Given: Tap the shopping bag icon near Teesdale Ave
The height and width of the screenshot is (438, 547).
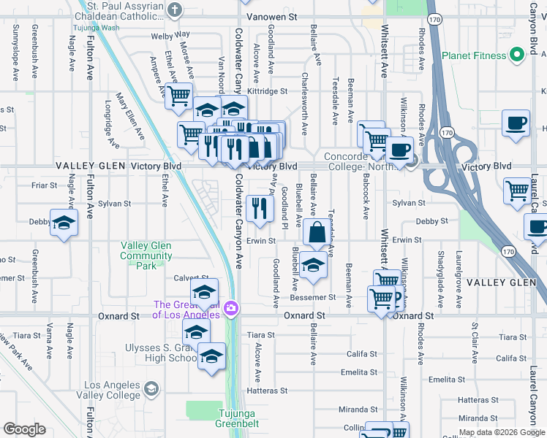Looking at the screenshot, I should click(x=316, y=234).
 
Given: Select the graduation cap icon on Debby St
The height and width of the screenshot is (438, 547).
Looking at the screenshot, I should click(x=64, y=223).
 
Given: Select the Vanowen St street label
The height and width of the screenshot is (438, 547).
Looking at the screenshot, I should click(x=272, y=15).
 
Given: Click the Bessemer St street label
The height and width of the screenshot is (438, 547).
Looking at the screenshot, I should click(x=312, y=297).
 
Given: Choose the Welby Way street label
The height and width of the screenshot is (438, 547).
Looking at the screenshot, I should click(x=170, y=34).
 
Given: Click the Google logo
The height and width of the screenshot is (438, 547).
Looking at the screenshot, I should click(x=24, y=429).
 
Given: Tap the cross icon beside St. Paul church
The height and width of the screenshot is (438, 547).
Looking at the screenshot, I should click(x=173, y=11).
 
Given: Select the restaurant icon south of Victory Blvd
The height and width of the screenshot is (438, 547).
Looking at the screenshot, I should click(x=260, y=210).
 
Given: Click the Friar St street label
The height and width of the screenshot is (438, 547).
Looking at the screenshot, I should click(x=45, y=185).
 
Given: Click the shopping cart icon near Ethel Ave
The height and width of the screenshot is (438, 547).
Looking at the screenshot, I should click(x=178, y=96).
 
